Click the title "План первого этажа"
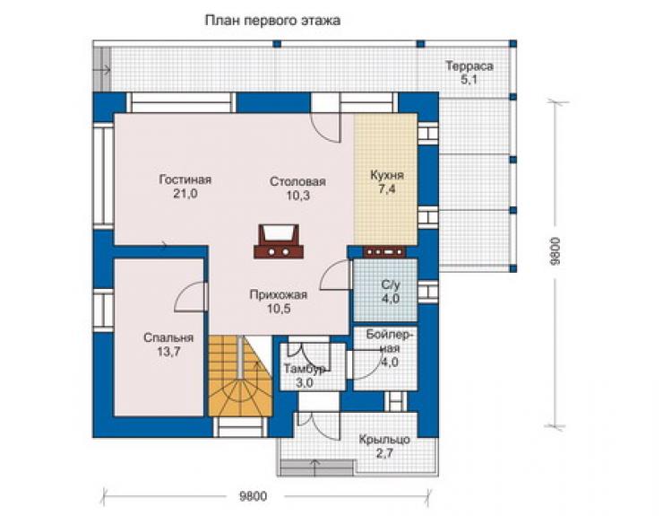point(272,21)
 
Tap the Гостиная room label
point(185,179)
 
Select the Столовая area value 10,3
point(298,196)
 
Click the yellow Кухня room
point(385,179)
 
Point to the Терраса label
point(469,66)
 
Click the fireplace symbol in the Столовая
point(279,241)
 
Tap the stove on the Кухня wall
point(384,251)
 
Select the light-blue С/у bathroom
point(385,290)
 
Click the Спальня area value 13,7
point(168,351)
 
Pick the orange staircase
point(240,376)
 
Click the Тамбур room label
point(305,369)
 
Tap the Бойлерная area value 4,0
point(390,363)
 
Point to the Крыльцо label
point(384,440)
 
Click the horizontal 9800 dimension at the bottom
point(254,496)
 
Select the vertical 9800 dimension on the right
point(555,251)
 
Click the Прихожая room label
point(279,294)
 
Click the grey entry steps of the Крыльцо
point(317,468)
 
